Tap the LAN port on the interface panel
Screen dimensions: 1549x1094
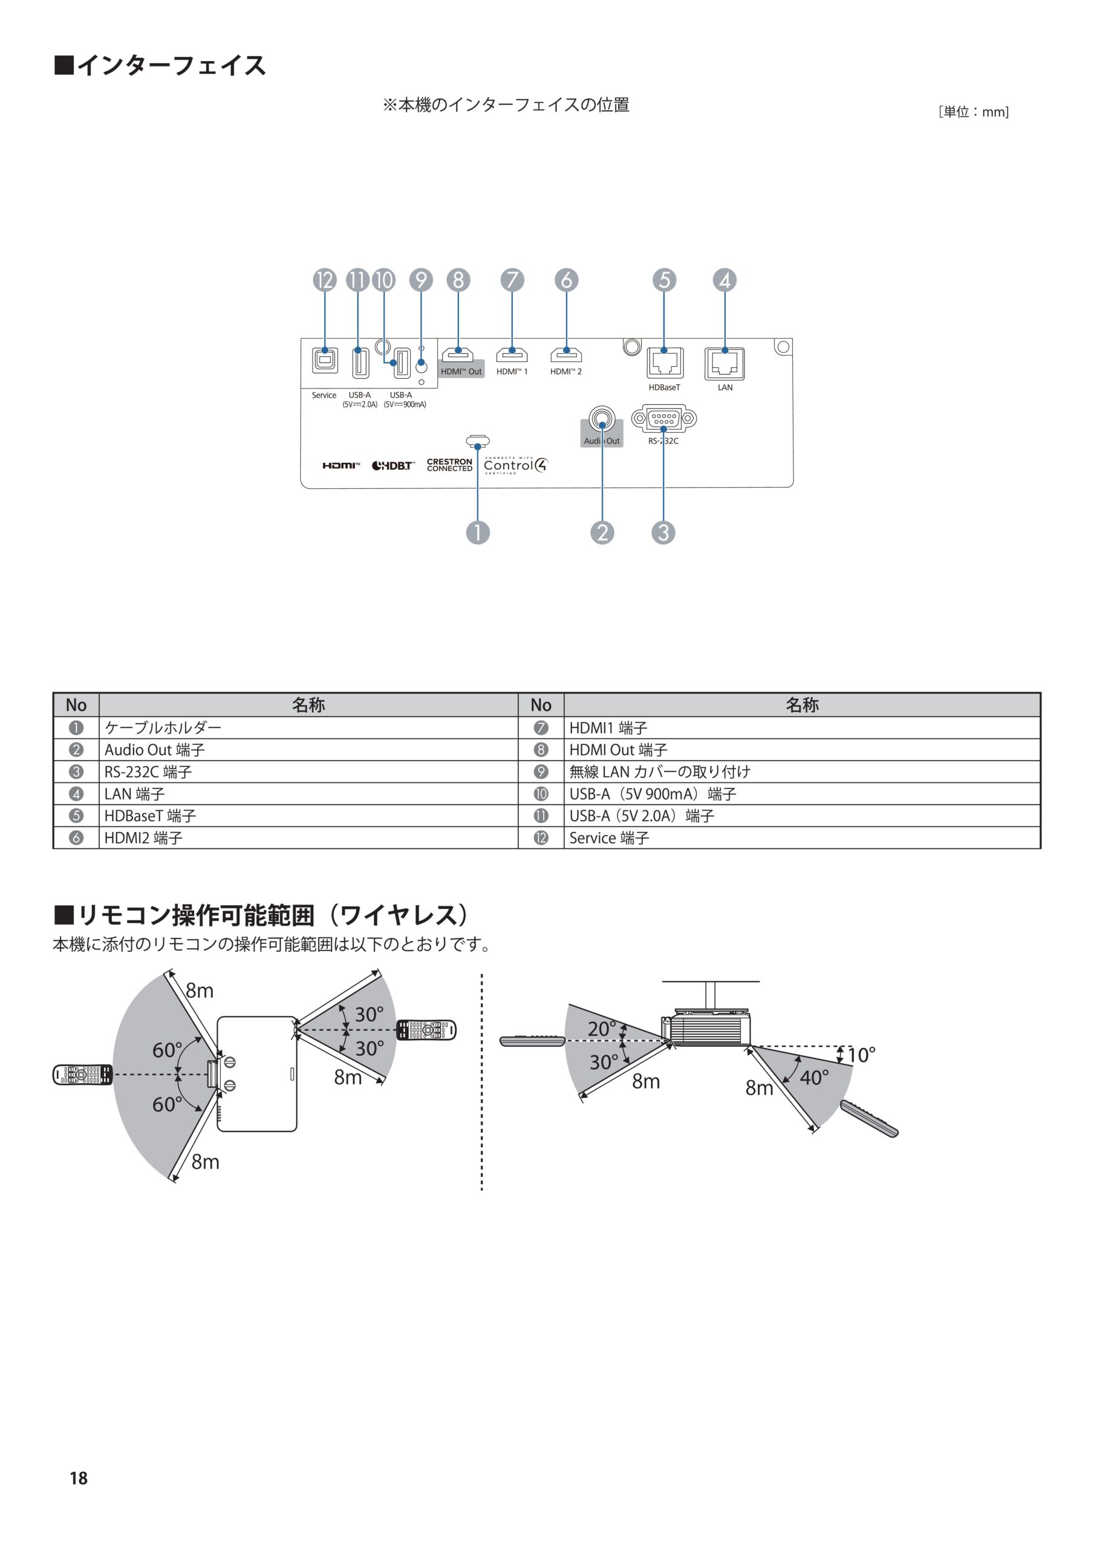[x=724, y=364]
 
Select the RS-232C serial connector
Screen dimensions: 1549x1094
[x=663, y=419]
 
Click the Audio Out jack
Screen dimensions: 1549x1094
[x=602, y=419]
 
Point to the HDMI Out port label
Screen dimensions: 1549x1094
[x=461, y=372]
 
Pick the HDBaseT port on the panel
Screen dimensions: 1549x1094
[x=665, y=363]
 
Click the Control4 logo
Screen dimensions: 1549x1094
[x=516, y=465]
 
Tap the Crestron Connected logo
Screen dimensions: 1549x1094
[x=449, y=465]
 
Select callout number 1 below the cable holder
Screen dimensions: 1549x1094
[x=478, y=532]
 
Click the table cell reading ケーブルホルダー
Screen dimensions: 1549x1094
[x=163, y=727]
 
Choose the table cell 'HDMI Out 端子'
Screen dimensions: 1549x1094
[x=618, y=750]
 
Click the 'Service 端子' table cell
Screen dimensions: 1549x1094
[x=608, y=838]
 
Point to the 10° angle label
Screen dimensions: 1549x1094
[x=861, y=1055]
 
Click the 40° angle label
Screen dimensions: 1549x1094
[x=814, y=1078]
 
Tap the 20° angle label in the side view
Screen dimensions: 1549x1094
[x=601, y=1029]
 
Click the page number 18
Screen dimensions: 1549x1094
[x=78, y=1478]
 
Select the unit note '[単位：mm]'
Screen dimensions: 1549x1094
[x=973, y=112]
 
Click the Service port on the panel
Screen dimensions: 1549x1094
[x=325, y=360]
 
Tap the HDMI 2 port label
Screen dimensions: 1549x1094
[x=565, y=372]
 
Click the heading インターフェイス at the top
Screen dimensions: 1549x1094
[x=171, y=65]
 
